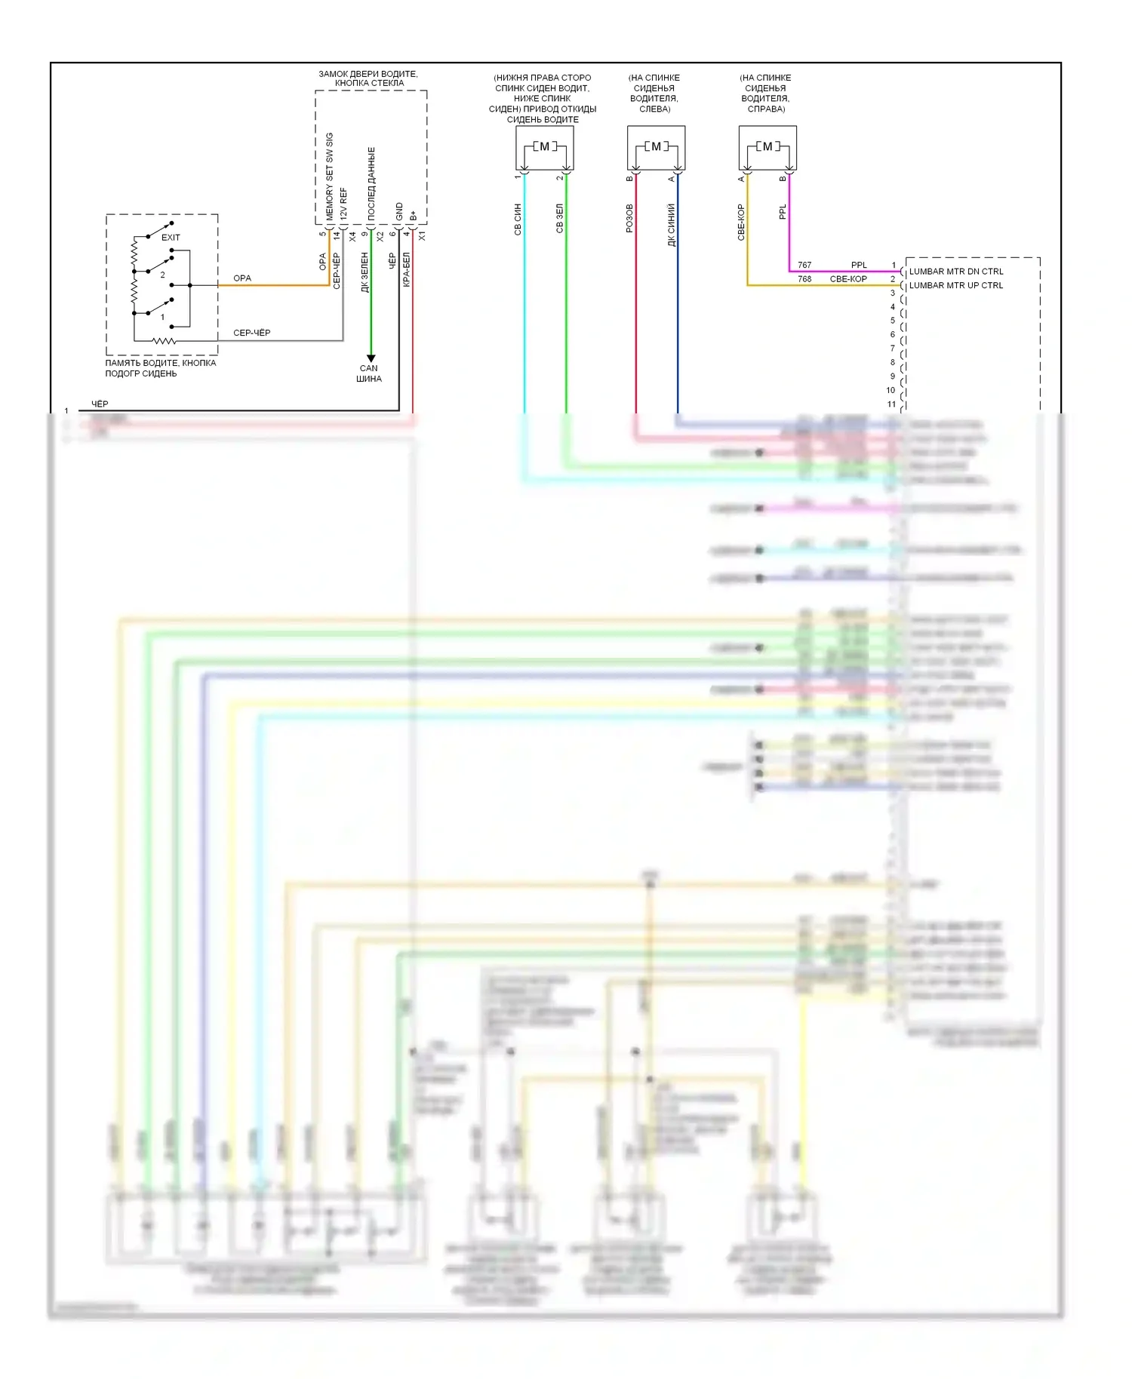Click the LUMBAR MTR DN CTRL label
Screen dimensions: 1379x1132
955,272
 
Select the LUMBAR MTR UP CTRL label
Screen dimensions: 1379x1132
955,286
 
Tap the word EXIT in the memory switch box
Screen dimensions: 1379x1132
171,238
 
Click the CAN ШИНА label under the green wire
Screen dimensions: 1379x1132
369,373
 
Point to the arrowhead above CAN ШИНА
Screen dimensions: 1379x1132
371,358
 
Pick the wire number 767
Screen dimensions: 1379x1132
804,266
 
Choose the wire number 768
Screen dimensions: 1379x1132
804,279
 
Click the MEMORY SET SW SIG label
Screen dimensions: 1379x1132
330,177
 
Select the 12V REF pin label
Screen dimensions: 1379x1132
343,204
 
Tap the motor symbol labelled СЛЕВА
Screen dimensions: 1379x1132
656,147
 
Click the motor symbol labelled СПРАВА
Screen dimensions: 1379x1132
767,147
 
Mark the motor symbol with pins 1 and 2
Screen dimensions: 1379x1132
544,147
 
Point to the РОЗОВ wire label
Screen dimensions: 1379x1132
629,218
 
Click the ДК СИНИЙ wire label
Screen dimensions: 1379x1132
671,224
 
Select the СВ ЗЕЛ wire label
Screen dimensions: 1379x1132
559,218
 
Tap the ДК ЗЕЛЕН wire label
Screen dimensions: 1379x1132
365,272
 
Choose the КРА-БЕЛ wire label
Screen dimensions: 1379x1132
406,269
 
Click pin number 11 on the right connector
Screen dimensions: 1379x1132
891,404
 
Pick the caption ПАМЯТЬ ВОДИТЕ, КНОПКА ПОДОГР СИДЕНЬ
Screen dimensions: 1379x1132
160,368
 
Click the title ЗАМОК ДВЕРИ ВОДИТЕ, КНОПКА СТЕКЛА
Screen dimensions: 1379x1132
368,78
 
